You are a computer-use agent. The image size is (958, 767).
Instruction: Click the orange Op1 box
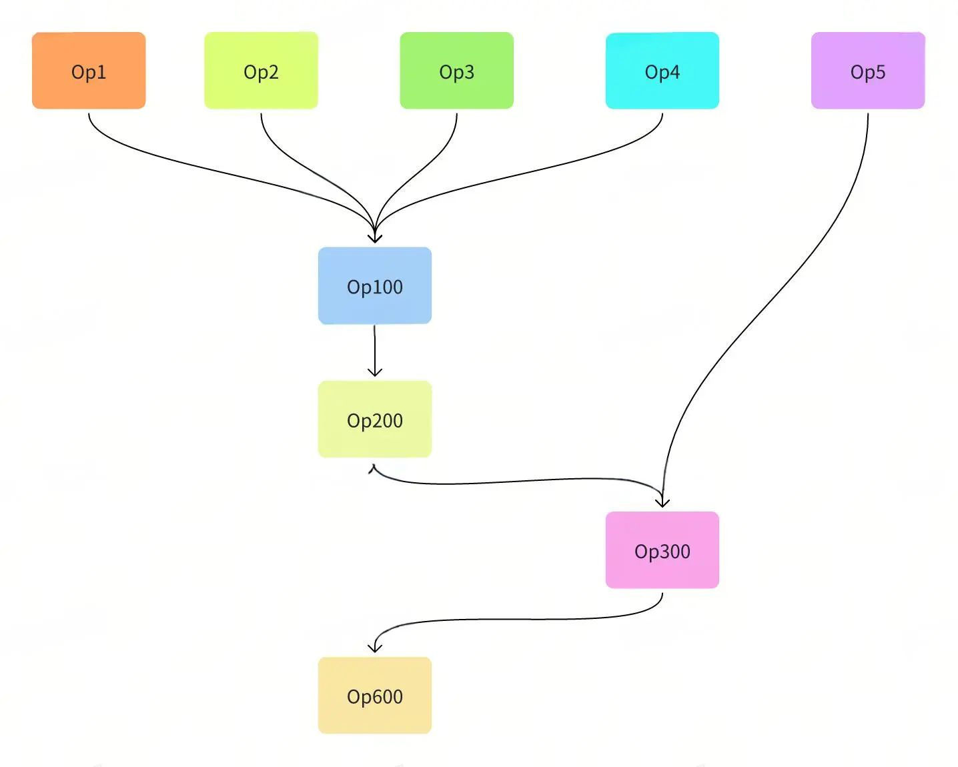pyautogui.click(x=89, y=70)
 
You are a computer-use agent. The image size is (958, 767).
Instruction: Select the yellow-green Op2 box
pyautogui.click(x=261, y=70)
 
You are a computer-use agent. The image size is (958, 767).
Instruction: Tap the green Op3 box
pyautogui.click(x=457, y=70)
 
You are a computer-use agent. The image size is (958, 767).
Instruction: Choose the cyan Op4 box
pyautogui.click(x=662, y=70)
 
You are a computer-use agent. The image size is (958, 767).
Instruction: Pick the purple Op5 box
pyautogui.click(x=868, y=70)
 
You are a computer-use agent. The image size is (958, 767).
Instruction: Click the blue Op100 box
pyautogui.click(x=375, y=285)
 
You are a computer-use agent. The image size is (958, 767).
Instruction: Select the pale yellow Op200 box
pyautogui.click(x=375, y=419)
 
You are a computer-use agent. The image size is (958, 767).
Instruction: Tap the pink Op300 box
pyautogui.click(x=662, y=550)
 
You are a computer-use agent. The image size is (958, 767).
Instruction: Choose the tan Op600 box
pyautogui.click(x=375, y=696)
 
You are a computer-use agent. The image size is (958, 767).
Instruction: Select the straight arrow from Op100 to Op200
pyautogui.click(x=375, y=351)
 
